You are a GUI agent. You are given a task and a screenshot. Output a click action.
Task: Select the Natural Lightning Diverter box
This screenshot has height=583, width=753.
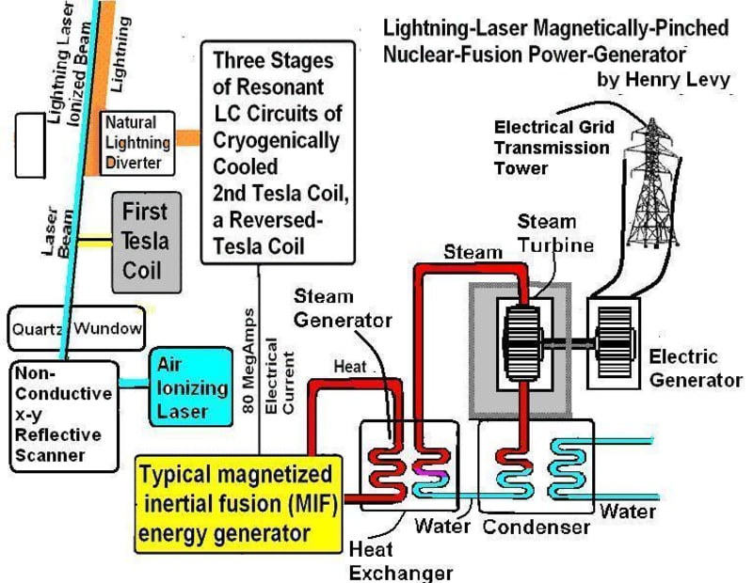pyautogui.click(x=137, y=144)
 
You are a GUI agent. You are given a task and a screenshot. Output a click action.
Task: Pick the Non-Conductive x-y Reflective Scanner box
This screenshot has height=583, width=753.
pyautogui.click(x=63, y=414)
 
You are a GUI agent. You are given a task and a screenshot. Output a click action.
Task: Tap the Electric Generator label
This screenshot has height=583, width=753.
pyautogui.click(x=697, y=368)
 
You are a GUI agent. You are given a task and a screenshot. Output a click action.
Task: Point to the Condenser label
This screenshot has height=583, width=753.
pyautogui.click(x=536, y=527)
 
